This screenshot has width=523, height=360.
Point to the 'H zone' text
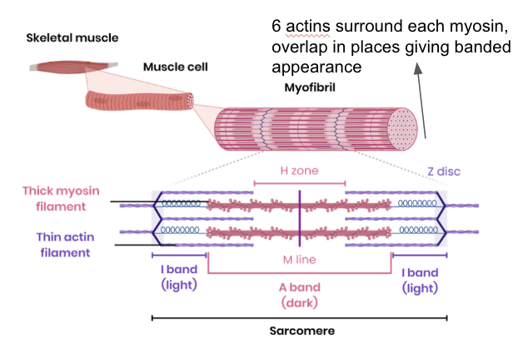pyautogui.click(x=298, y=170)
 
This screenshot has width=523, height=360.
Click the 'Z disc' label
pyautogui.click(x=443, y=171)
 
